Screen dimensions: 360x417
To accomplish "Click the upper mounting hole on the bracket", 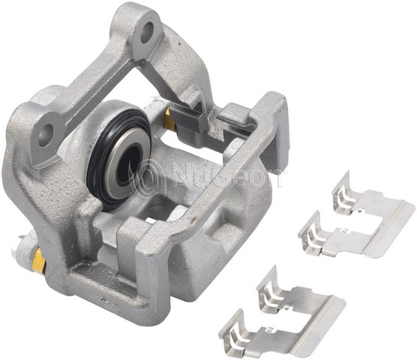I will click(148, 31).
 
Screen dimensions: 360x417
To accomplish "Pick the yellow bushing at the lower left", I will click(39, 260).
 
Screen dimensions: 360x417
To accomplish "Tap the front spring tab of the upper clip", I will click(313, 233).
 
